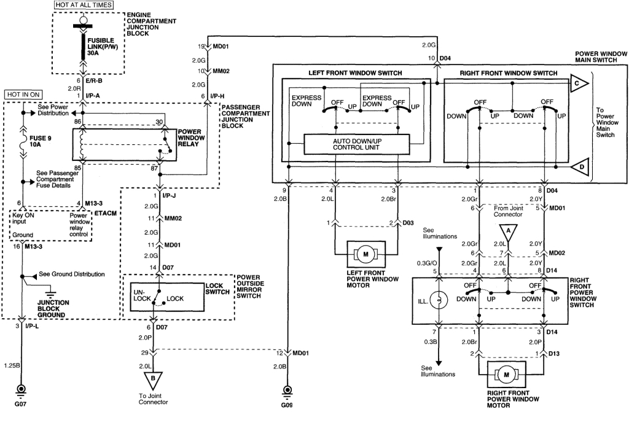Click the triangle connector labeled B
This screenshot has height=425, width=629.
[150, 379]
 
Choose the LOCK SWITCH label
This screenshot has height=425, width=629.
[217, 288]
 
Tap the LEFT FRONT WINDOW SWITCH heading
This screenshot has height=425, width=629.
[355, 73]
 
